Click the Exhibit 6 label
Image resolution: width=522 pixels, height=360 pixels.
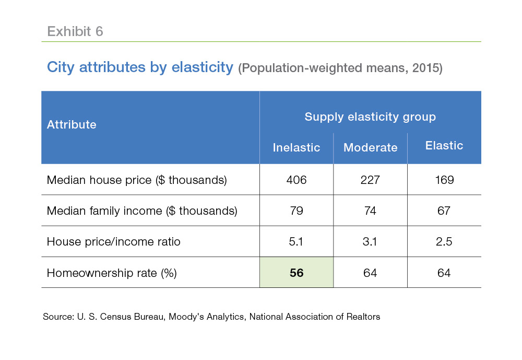[75, 31]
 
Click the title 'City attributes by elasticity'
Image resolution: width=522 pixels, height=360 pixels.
[140, 67]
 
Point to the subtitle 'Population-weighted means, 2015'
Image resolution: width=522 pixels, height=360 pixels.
[340, 68]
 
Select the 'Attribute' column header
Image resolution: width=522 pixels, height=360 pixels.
[72, 124]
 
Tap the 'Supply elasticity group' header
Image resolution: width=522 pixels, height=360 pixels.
[370, 117]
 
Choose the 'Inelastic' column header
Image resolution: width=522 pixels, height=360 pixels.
[296, 147]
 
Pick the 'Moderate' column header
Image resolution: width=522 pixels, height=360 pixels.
[370, 147]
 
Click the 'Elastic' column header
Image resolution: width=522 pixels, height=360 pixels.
[444, 146]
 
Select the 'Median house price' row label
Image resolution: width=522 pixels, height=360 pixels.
[137, 180]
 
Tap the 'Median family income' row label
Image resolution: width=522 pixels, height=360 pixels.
[142, 211]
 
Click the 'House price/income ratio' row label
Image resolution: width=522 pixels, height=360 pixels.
[113, 242]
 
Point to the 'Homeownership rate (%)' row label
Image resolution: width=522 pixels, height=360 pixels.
[112, 273]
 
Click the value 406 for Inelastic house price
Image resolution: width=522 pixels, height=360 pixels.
[296, 180]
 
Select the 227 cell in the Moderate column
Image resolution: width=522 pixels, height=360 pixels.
[370, 180]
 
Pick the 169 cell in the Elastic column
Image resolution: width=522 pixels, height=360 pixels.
[444, 180]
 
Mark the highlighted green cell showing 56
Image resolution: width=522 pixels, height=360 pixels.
[296, 273]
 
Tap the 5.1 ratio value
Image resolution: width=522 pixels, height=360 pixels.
[296, 242]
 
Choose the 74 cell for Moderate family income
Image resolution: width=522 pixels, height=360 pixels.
[370, 211]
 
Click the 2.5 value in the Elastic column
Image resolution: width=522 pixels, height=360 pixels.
[444, 242]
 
